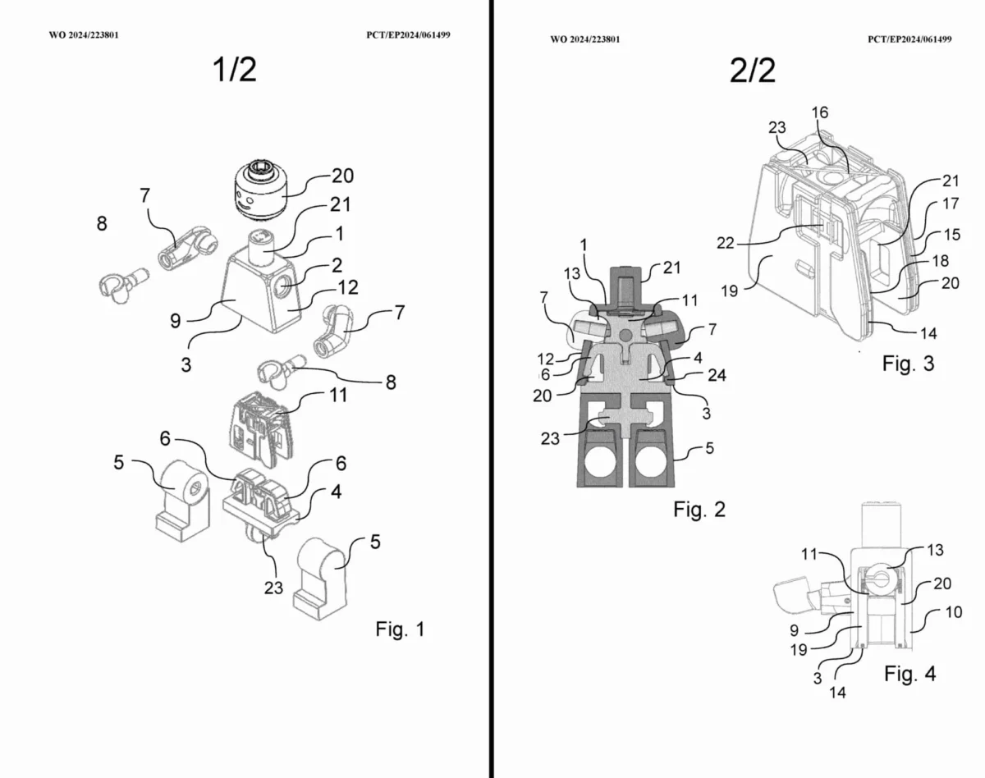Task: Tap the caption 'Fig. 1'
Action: pyautogui.click(x=400, y=629)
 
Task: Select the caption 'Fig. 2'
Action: pyautogui.click(x=699, y=510)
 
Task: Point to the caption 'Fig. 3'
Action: pyautogui.click(x=908, y=364)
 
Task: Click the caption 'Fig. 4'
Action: pyautogui.click(x=910, y=674)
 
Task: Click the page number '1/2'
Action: pyautogui.click(x=235, y=70)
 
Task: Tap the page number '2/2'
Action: pyautogui.click(x=753, y=71)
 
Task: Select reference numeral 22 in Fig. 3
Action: pyautogui.click(x=726, y=243)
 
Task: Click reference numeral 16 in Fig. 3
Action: pyautogui.click(x=820, y=112)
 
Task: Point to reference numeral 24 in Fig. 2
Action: pyautogui.click(x=717, y=375)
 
